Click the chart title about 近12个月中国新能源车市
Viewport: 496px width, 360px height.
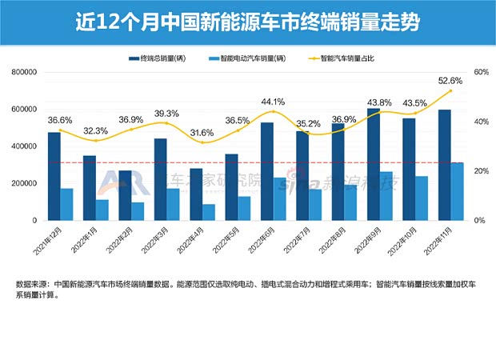point(248,20)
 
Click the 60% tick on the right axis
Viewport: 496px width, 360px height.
point(480,72)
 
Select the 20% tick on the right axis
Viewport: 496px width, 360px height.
point(480,171)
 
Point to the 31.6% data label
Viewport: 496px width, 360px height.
point(202,132)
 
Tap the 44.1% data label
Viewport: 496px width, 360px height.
point(272,102)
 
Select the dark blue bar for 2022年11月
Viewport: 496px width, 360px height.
point(443,165)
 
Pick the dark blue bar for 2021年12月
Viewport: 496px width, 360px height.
point(54,176)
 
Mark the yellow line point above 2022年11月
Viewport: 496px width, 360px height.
point(450,90)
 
